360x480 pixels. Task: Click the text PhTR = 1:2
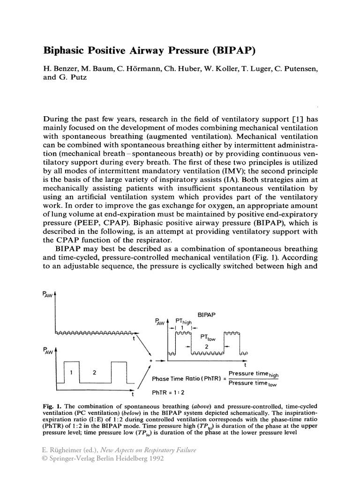tap(167, 392)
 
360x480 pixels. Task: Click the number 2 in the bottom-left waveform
tap(95, 373)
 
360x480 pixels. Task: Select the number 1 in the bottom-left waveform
tap(72, 373)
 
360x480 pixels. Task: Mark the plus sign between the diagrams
tap(150, 361)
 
